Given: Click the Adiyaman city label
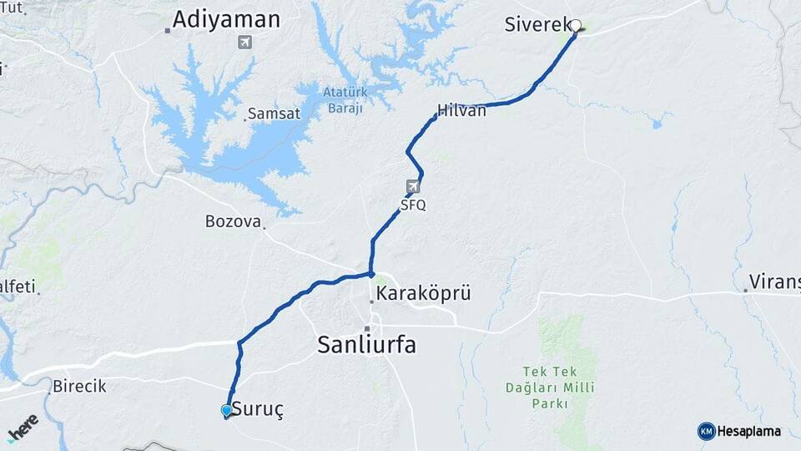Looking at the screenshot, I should [226, 19].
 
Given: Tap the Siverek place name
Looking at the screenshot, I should [537, 24].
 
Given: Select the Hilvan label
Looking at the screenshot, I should [461, 110].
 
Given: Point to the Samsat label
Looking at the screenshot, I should [274, 114].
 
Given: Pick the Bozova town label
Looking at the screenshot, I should [233, 221].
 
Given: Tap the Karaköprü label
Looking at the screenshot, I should [424, 293].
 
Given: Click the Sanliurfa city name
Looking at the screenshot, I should [366, 344].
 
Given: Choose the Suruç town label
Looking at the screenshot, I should [257, 410].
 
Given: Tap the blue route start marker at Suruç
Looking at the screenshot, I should [226, 410].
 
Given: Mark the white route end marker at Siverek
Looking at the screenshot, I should [575, 25].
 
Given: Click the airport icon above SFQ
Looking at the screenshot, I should [413, 186].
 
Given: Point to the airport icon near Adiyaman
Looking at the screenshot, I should [244, 42].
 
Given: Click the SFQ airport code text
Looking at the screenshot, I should [412, 205].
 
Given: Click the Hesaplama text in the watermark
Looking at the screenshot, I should [749, 431].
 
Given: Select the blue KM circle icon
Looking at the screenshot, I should [706, 431].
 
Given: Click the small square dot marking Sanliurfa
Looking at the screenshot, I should [366, 328].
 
